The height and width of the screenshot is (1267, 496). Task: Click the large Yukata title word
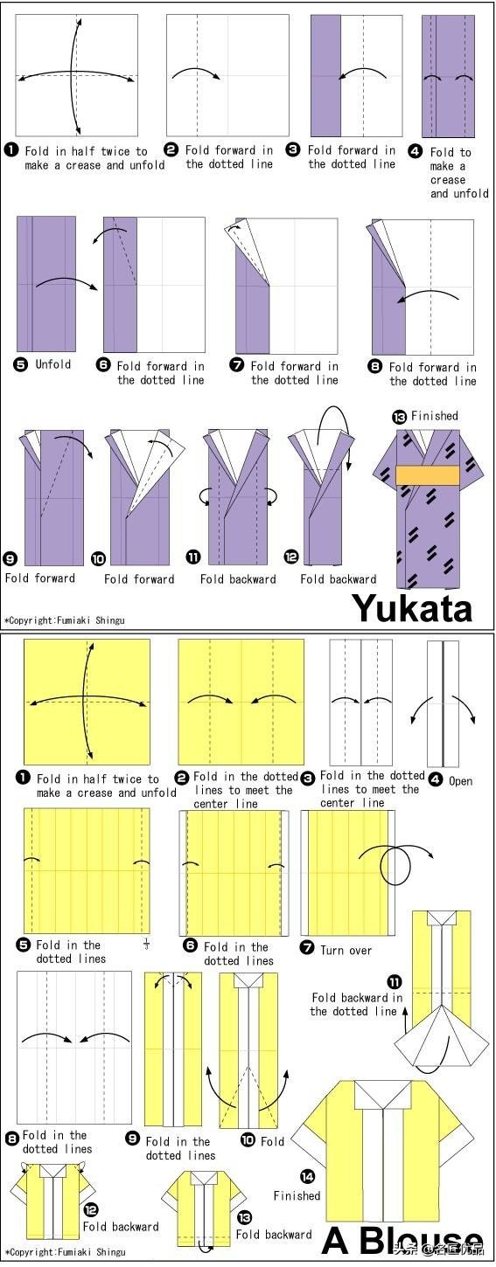[413, 608]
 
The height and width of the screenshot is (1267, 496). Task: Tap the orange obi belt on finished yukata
[428, 475]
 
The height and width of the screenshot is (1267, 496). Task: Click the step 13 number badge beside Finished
[399, 418]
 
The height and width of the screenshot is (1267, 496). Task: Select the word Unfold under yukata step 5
[53, 363]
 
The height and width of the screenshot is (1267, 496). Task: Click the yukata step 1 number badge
[10, 150]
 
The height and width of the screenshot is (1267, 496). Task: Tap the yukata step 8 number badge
[375, 366]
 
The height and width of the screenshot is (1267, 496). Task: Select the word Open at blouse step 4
[460, 780]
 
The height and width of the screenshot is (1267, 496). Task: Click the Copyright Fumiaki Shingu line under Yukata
[65, 620]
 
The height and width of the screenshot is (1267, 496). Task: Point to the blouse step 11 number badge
[395, 981]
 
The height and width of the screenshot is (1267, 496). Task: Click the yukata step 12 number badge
[291, 557]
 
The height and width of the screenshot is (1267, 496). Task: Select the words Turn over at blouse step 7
[346, 951]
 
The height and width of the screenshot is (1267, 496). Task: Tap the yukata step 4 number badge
[415, 151]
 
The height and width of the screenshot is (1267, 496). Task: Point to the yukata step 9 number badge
[10, 559]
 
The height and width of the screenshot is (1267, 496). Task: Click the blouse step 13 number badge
[245, 1217]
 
